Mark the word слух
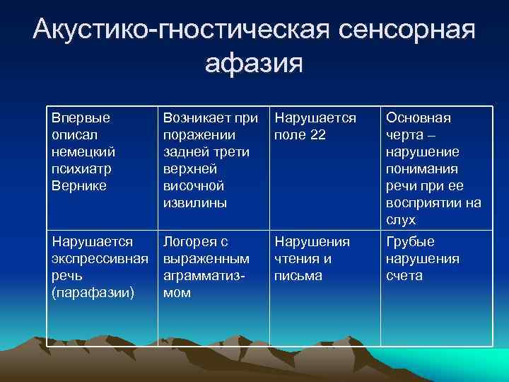(x=401, y=221)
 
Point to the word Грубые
(x=410, y=241)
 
